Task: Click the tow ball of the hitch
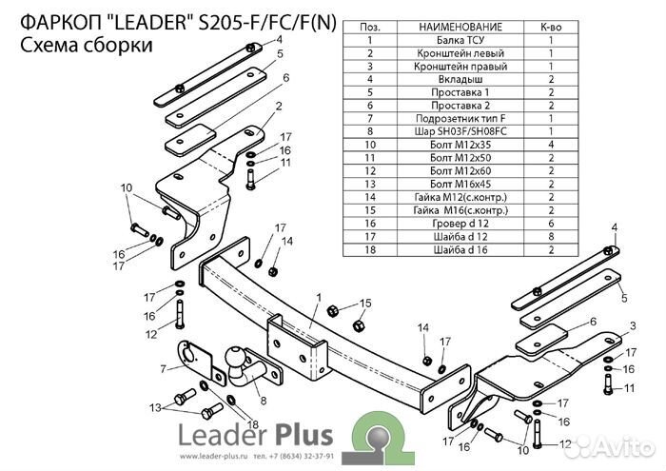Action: tap(235, 356)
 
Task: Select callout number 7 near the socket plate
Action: tap(163, 367)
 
